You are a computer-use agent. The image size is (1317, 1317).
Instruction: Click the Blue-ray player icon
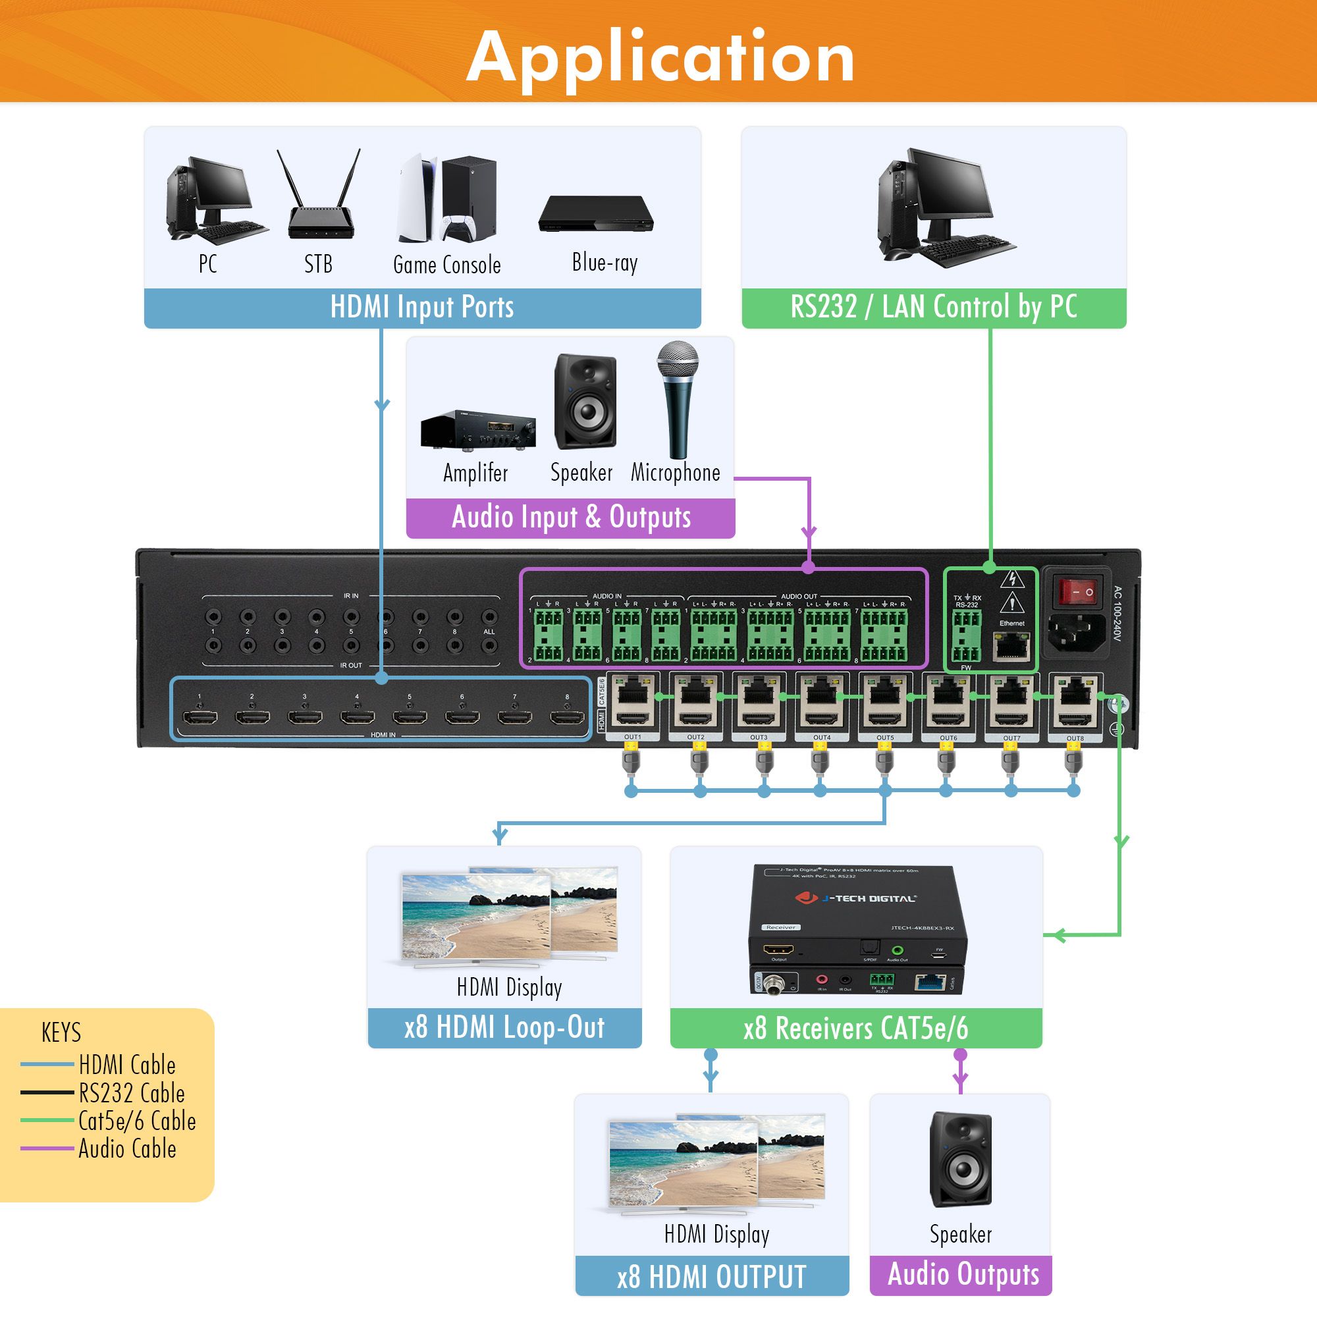click(x=596, y=214)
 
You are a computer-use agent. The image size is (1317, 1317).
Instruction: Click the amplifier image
click(x=478, y=429)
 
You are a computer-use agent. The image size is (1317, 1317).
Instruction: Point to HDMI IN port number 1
click(x=200, y=717)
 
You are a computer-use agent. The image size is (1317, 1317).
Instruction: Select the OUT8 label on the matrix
click(x=1075, y=738)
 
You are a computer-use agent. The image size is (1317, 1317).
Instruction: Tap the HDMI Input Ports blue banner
click(x=422, y=308)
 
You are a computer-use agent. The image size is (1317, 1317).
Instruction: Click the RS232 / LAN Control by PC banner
click(x=933, y=308)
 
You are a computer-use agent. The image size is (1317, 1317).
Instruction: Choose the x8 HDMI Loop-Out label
click(x=504, y=1028)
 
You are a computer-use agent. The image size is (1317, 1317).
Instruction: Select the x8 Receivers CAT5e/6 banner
click(x=855, y=1029)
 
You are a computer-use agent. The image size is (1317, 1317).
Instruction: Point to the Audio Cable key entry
click(x=127, y=1149)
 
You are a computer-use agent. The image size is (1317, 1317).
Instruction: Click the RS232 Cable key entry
click(x=131, y=1093)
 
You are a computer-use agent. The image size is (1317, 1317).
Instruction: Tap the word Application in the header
click(x=660, y=57)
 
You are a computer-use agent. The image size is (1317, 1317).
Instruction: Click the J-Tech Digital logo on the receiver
click(x=855, y=898)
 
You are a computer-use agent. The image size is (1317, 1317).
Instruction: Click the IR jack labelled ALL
click(x=489, y=617)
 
